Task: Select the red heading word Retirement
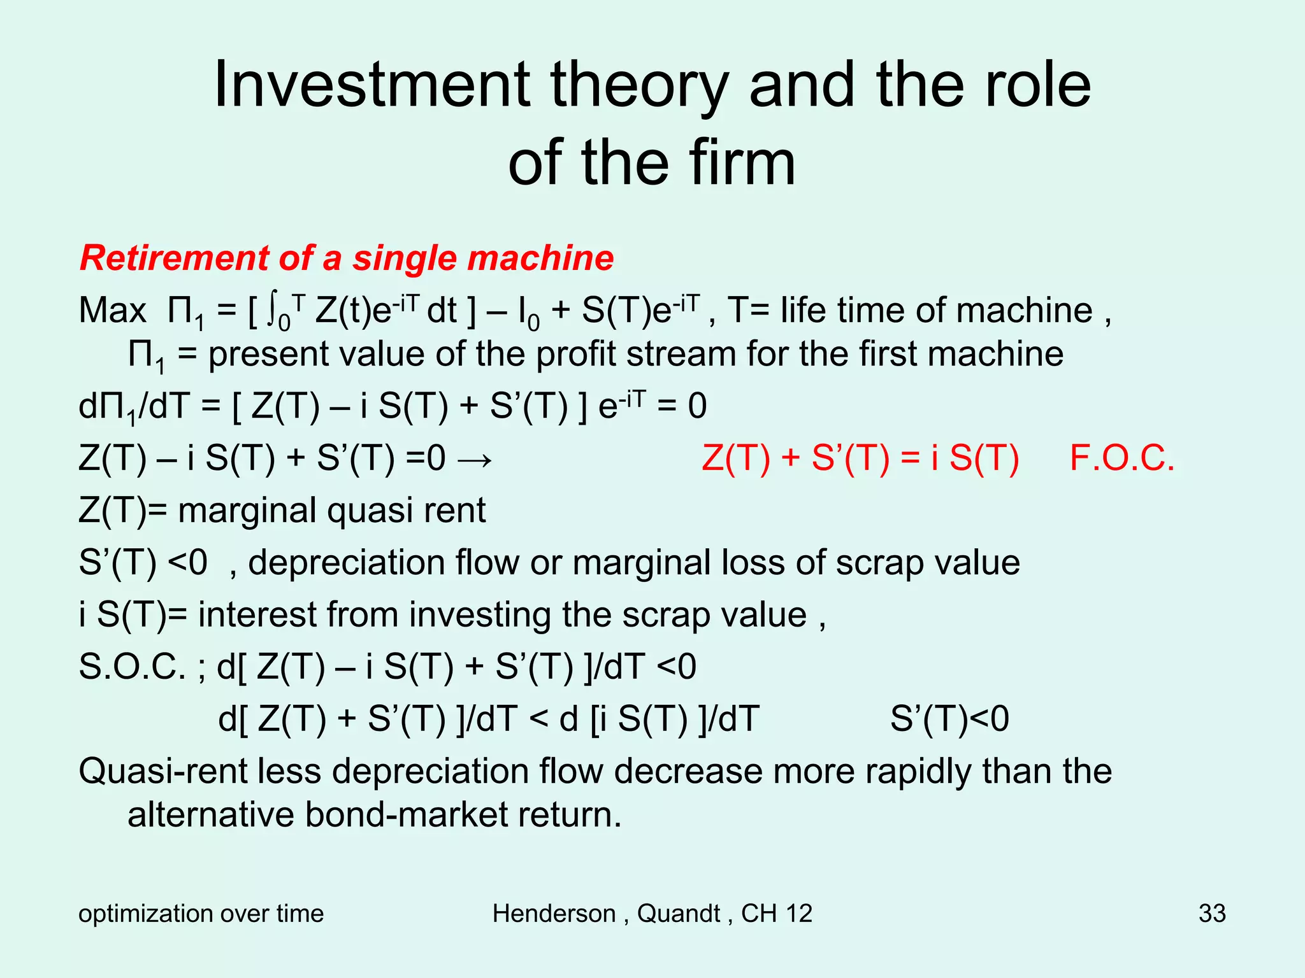coord(173,259)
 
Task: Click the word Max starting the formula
coord(113,311)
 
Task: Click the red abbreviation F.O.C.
coord(1122,458)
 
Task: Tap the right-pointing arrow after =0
coord(475,459)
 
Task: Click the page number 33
coord(1212,913)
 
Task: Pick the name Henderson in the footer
coord(554,913)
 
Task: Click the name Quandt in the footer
coord(679,913)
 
